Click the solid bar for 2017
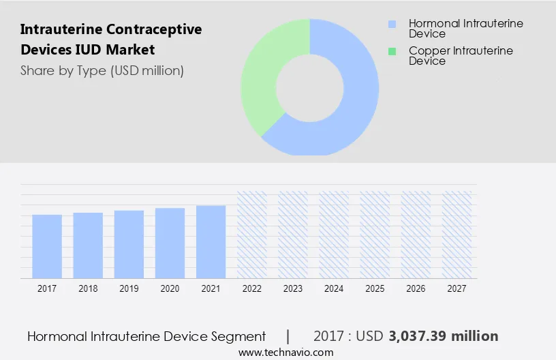click(47, 246)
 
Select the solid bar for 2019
click(129, 244)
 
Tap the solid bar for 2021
click(211, 241)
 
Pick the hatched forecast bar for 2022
click(251, 235)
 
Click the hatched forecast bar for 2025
click(375, 235)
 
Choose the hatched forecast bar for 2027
click(457, 235)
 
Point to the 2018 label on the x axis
click(88, 288)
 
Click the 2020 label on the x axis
click(170, 288)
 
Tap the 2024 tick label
click(334, 288)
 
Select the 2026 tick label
click(416, 288)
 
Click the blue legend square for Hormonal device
click(392, 24)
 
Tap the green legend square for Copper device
click(392, 51)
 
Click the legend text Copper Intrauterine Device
click(461, 56)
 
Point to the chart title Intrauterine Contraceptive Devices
click(111, 40)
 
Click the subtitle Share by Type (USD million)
click(102, 70)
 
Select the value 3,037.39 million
click(443, 336)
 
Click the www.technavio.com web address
click(285, 352)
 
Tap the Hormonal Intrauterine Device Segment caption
click(146, 336)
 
